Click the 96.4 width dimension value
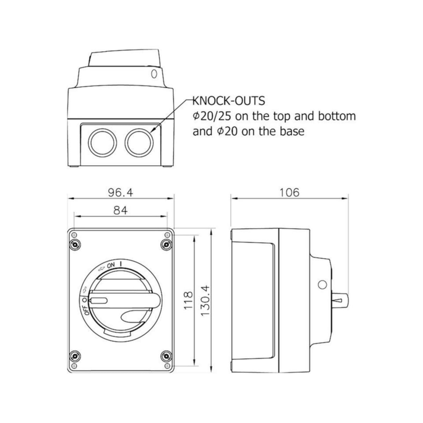pos(121,193)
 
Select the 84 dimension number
pos(121,211)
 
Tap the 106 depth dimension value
pos(289,193)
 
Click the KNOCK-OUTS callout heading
pos(229,101)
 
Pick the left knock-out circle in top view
pos(102,142)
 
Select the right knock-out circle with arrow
pos(139,142)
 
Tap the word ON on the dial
pos(111,266)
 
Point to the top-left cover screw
pos(75,245)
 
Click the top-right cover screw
pos(167,245)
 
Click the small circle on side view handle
pos(322,285)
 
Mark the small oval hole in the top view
pos(154,74)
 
